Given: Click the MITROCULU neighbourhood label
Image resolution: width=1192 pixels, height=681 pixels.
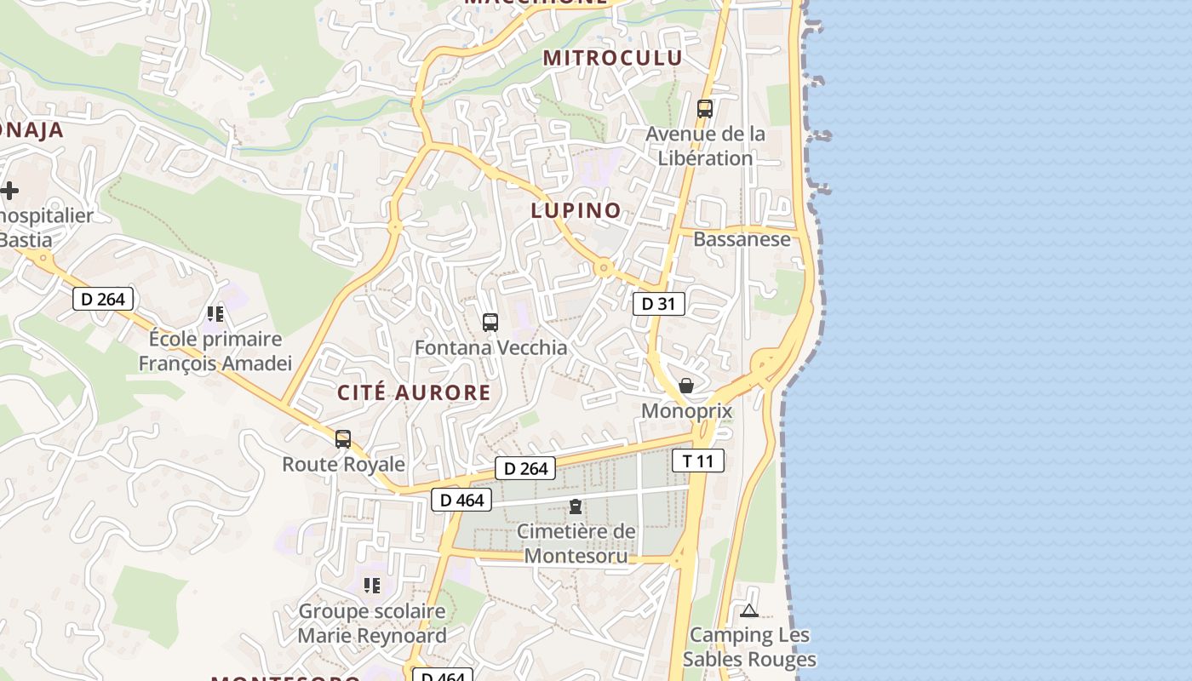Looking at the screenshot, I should (613, 58).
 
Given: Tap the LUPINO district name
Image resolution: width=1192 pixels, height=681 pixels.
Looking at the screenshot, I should (576, 211).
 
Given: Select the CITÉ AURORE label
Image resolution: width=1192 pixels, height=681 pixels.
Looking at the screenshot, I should (414, 392).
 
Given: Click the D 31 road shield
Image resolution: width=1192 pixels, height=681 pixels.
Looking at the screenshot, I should (658, 304).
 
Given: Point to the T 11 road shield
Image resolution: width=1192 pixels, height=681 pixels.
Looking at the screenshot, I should (698, 461).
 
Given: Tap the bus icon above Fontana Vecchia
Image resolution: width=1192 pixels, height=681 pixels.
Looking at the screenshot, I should (490, 323).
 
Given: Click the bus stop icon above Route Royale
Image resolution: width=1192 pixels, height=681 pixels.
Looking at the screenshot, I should (343, 439).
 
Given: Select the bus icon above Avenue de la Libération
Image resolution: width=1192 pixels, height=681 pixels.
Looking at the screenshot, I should (704, 109).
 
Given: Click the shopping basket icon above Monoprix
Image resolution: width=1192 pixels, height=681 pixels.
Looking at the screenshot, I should (686, 386).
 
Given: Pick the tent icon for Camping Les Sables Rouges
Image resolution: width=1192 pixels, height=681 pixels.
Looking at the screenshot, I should (748, 610).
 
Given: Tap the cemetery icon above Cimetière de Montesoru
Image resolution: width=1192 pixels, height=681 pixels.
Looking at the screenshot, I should (576, 506).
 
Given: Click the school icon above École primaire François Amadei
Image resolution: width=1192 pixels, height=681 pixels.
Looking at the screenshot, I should (215, 314).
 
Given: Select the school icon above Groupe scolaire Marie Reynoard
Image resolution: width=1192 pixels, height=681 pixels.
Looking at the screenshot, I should (371, 586).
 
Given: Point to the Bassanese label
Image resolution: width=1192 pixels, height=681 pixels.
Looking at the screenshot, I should (742, 239).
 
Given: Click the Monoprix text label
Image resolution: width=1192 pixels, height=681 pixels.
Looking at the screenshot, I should (686, 411).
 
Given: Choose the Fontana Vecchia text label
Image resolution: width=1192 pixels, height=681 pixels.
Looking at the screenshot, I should (490, 347).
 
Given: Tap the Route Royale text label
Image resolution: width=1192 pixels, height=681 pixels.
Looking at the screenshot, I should (343, 464).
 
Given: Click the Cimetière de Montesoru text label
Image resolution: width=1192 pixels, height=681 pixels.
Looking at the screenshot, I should (576, 544).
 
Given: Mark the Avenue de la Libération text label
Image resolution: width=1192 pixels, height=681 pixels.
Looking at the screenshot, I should (705, 146).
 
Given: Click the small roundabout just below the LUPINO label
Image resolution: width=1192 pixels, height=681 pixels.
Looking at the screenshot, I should (604, 269).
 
